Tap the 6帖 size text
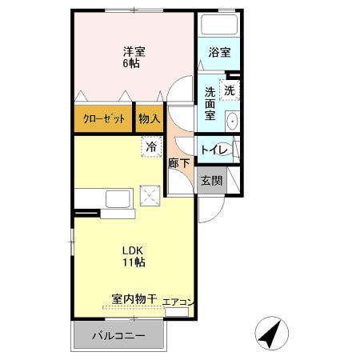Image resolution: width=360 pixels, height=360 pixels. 133,63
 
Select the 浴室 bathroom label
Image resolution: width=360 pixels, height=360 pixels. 220,53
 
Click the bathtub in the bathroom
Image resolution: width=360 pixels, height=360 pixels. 220,23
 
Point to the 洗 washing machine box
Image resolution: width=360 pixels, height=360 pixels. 230,91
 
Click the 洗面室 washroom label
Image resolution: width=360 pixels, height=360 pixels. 210,103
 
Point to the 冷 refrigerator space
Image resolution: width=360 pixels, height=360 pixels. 151,146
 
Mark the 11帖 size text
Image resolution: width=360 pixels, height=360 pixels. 132,262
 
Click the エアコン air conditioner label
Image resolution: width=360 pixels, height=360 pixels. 178,302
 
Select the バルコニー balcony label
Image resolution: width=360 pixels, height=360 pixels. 118,335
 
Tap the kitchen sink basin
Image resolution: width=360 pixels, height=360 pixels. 117,198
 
